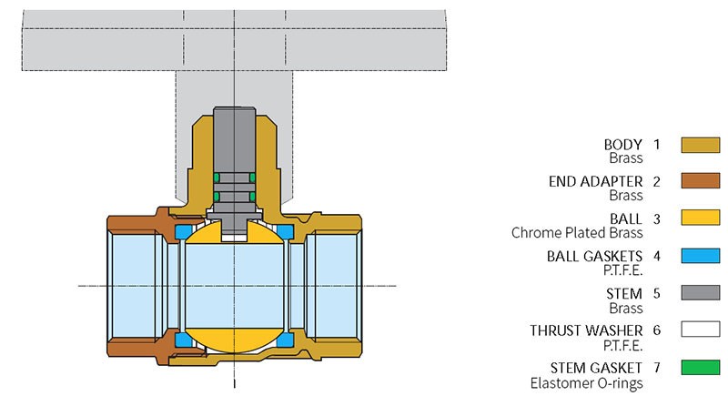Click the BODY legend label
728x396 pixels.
[x=623, y=144]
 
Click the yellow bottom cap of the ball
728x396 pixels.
[x=234, y=341]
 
